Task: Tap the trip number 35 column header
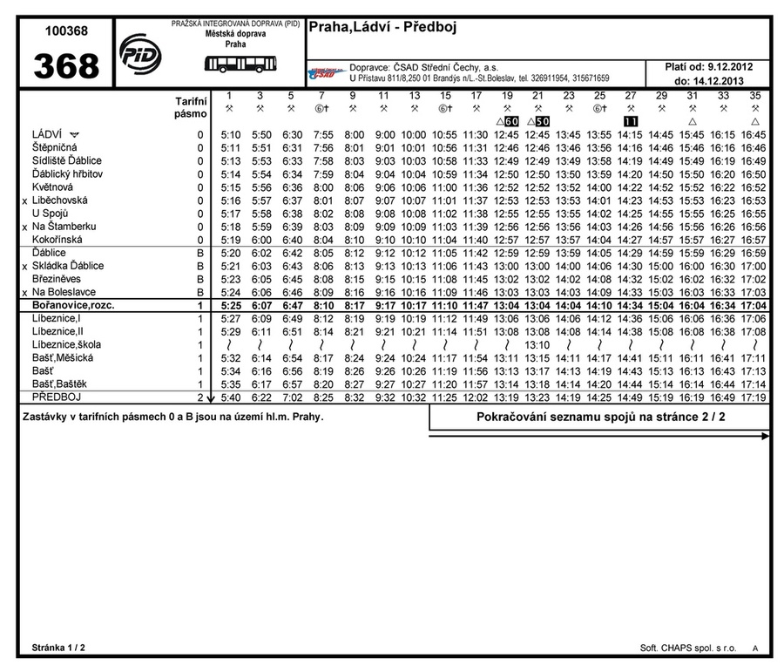pos(754,95)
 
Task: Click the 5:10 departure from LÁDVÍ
pos(231,135)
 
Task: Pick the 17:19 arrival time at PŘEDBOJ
pos(754,397)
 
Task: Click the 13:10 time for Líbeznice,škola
pos(537,345)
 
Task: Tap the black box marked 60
pos(511,121)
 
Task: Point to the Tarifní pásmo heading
pos(191,107)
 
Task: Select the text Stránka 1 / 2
pos(58,648)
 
